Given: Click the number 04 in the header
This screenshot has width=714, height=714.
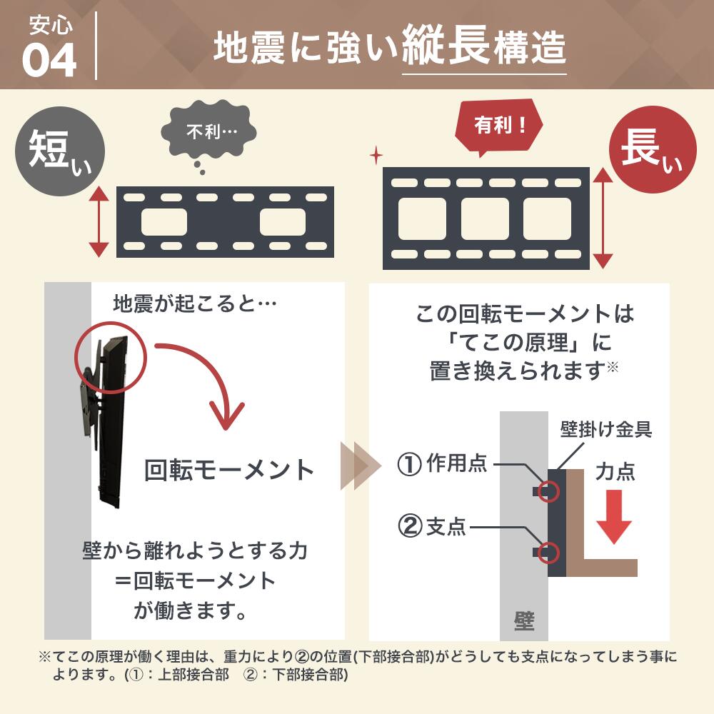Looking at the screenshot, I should point(49,61).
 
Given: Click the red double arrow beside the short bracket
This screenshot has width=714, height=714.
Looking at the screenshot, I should point(98,221).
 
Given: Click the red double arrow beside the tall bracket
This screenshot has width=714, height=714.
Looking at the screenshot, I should point(604,218).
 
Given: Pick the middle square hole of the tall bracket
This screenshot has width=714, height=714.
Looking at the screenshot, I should point(486,218).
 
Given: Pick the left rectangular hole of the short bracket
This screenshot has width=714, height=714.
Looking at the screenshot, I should point(164,221).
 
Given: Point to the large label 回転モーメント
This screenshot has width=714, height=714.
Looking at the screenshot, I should point(228,469).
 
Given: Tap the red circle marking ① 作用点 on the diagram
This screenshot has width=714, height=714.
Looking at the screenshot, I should point(548,490).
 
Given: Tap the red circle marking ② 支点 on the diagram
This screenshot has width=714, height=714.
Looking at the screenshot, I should point(548,552).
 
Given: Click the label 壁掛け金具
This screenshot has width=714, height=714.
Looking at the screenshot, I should point(605,431).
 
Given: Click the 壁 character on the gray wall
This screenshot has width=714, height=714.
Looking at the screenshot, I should point(524,618).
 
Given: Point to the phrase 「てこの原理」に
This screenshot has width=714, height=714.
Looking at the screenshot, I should point(526,343).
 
